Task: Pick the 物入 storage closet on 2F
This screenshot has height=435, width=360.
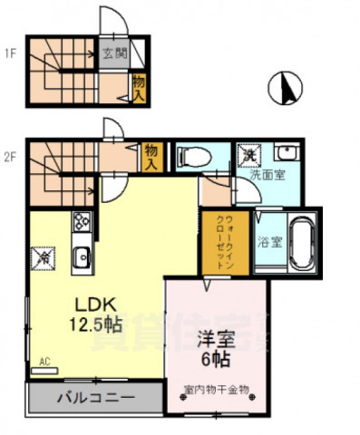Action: (152, 157)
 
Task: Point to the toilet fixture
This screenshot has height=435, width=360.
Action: (192, 158)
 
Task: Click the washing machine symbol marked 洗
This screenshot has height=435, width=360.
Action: (248, 154)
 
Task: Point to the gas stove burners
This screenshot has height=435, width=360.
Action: (81, 221)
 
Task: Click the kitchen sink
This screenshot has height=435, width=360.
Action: (80, 258)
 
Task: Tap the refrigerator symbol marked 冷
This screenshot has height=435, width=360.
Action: (42, 257)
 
